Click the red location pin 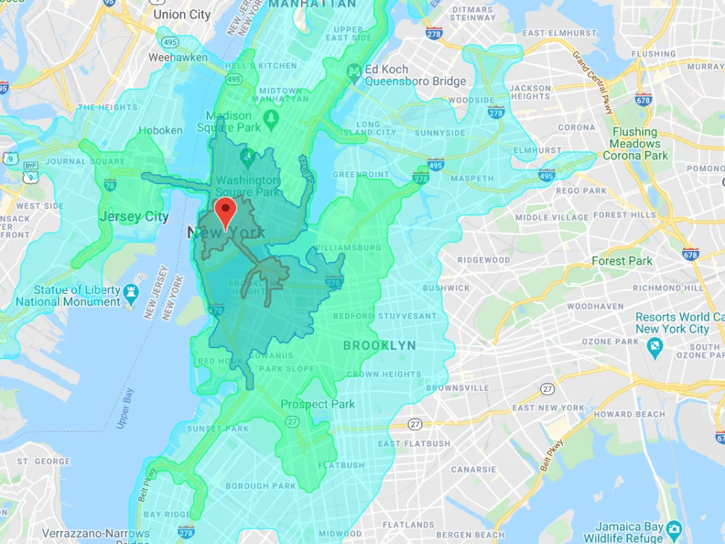(x=227, y=211)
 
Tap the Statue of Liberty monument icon (x=131, y=292)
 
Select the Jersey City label (x=134, y=217)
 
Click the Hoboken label (x=161, y=131)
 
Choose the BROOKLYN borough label (x=379, y=346)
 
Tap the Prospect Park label (x=318, y=404)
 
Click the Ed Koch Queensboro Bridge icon (x=354, y=70)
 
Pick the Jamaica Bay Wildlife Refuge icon (x=674, y=527)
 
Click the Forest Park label (x=621, y=261)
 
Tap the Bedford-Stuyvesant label (x=385, y=316)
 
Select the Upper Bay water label (x=125, y=408)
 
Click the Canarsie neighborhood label (x=473, y=470)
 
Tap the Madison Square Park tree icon (x=271, y=117)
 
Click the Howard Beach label (x=619, y=415)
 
